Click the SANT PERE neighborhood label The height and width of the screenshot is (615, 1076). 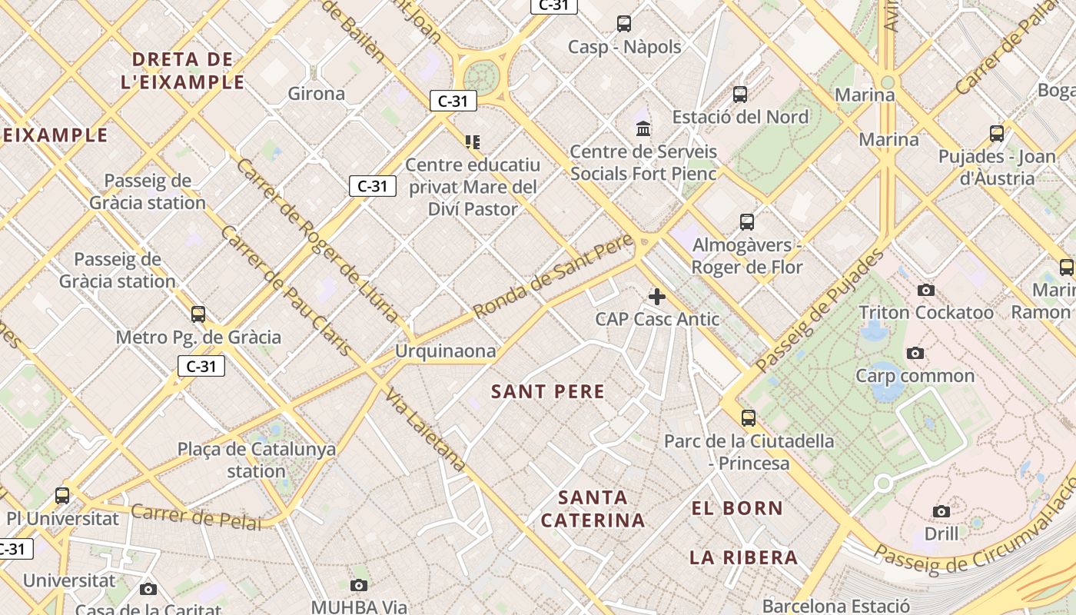pyautogui.click(x=548, y=392)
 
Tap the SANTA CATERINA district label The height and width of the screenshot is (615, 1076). pyautogui.click(x=593, y=509)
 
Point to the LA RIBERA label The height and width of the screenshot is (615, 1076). pyautogui.click(x=743, y=558)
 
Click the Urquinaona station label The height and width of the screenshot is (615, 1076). pyautogui.click(x=445, y=351)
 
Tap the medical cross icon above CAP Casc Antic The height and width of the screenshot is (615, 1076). pyautogui.click(x=657, y=297)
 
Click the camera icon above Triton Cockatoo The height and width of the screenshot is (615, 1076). pyautogui.click(x=926, y=291)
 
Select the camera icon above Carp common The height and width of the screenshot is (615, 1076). pyautogui.click(x=915, y=354)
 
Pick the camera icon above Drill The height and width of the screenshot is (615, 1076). pyautogui.click(x=941, y=512)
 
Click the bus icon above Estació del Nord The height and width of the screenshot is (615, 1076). pyautogui.click(x=740, y=95)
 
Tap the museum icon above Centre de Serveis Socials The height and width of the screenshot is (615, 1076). pyautogui.click(x=643, y=128)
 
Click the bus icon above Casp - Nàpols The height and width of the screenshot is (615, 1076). pyautogui.click(x=624, y=24)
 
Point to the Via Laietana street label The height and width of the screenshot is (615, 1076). pyautogui.click(x=425, y=430)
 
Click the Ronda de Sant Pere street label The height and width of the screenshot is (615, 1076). pyautogui.click(x=553, y=277)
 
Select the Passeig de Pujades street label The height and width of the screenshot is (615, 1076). pyautogui.click(x=819, y=311)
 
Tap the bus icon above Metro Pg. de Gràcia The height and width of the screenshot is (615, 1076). pyautogui.click(x=198, y=314)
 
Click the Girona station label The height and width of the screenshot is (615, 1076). pyautogui.click(x=316, y=94)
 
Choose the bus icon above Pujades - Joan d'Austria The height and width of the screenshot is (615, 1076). pyautogui.click(x=997, y=134)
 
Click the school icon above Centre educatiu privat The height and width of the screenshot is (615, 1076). pyautogui.click(x=472, y=142)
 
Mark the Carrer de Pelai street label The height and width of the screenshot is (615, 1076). pyautogui.click(x=196, y=517)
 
